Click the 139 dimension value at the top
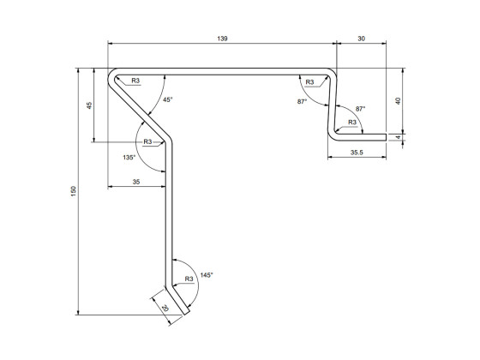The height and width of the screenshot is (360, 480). [x=222, y=39]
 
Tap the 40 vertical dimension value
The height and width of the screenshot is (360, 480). [x=398, y=100]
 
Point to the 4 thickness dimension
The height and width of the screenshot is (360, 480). [x=398, y=135]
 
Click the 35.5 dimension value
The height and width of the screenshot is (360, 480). [x=357, y=153]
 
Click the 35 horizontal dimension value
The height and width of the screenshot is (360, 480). [x=136, y=182]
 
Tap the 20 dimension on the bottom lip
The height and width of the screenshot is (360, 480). [x=164, y=307]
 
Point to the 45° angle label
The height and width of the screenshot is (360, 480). [x=167, y=100]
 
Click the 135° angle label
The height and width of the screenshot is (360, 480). [x=129, y=158]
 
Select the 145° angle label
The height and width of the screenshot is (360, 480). [x=206, y=275]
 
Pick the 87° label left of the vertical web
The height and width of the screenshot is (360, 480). [x=302, y=101]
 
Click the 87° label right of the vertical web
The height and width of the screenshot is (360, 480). [x=360, y=109]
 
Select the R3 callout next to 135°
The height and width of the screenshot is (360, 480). [x=147, y=141]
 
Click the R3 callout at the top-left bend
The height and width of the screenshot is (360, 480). [x=135, y=81]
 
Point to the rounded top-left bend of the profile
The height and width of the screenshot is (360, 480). [x=112, y=75]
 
